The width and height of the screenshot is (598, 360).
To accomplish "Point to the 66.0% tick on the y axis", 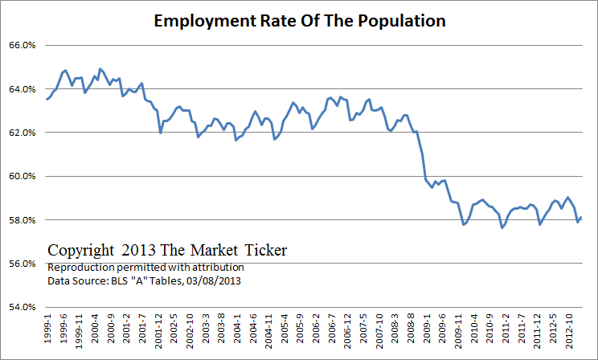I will pyautogui.click(x=21, y=46).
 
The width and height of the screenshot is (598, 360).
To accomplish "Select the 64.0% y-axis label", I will pyautogui.click(x=21, y=89).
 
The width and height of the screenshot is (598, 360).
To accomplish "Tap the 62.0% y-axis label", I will pyautogui.click(x=21, y=133).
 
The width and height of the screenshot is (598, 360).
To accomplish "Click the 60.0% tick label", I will pyautogui.click(x=21, y=176).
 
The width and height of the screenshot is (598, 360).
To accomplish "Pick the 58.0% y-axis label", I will pyautogui.click(x=21, y=220).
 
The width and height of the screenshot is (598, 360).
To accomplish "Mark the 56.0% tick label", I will pyautogui.click(x=21, y=264).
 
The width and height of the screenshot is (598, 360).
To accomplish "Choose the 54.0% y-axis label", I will pyautogui.click(x=21, y=307).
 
